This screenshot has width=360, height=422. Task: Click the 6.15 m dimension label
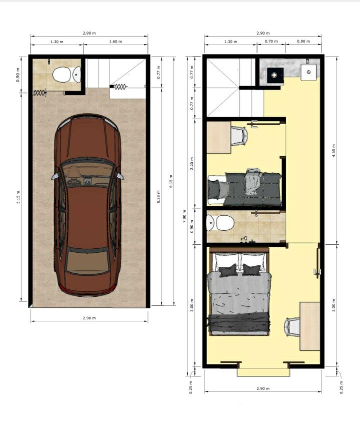[171, 181]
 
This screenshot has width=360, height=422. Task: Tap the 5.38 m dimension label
[158, 196]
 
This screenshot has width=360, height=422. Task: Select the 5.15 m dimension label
[18, 197]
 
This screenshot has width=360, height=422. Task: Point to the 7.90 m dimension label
[184, 216]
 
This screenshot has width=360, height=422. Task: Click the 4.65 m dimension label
[333, 151]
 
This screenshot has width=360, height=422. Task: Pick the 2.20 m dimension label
[191, 163]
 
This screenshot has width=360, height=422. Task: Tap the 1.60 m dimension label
[115, 42]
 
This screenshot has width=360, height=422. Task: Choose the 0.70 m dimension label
[271, 41]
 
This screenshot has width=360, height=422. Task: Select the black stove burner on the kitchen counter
[275, 75]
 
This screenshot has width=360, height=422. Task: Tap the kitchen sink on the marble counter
[308, 72]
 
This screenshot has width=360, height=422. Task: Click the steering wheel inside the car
[73, 182]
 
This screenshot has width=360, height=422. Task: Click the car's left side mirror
[54, 176]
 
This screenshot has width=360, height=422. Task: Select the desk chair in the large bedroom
[291, 327]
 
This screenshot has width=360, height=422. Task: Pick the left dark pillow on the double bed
[228, 270]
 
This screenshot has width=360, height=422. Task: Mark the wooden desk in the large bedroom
[309, 326]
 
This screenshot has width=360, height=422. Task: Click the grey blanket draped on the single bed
[252, 181]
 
